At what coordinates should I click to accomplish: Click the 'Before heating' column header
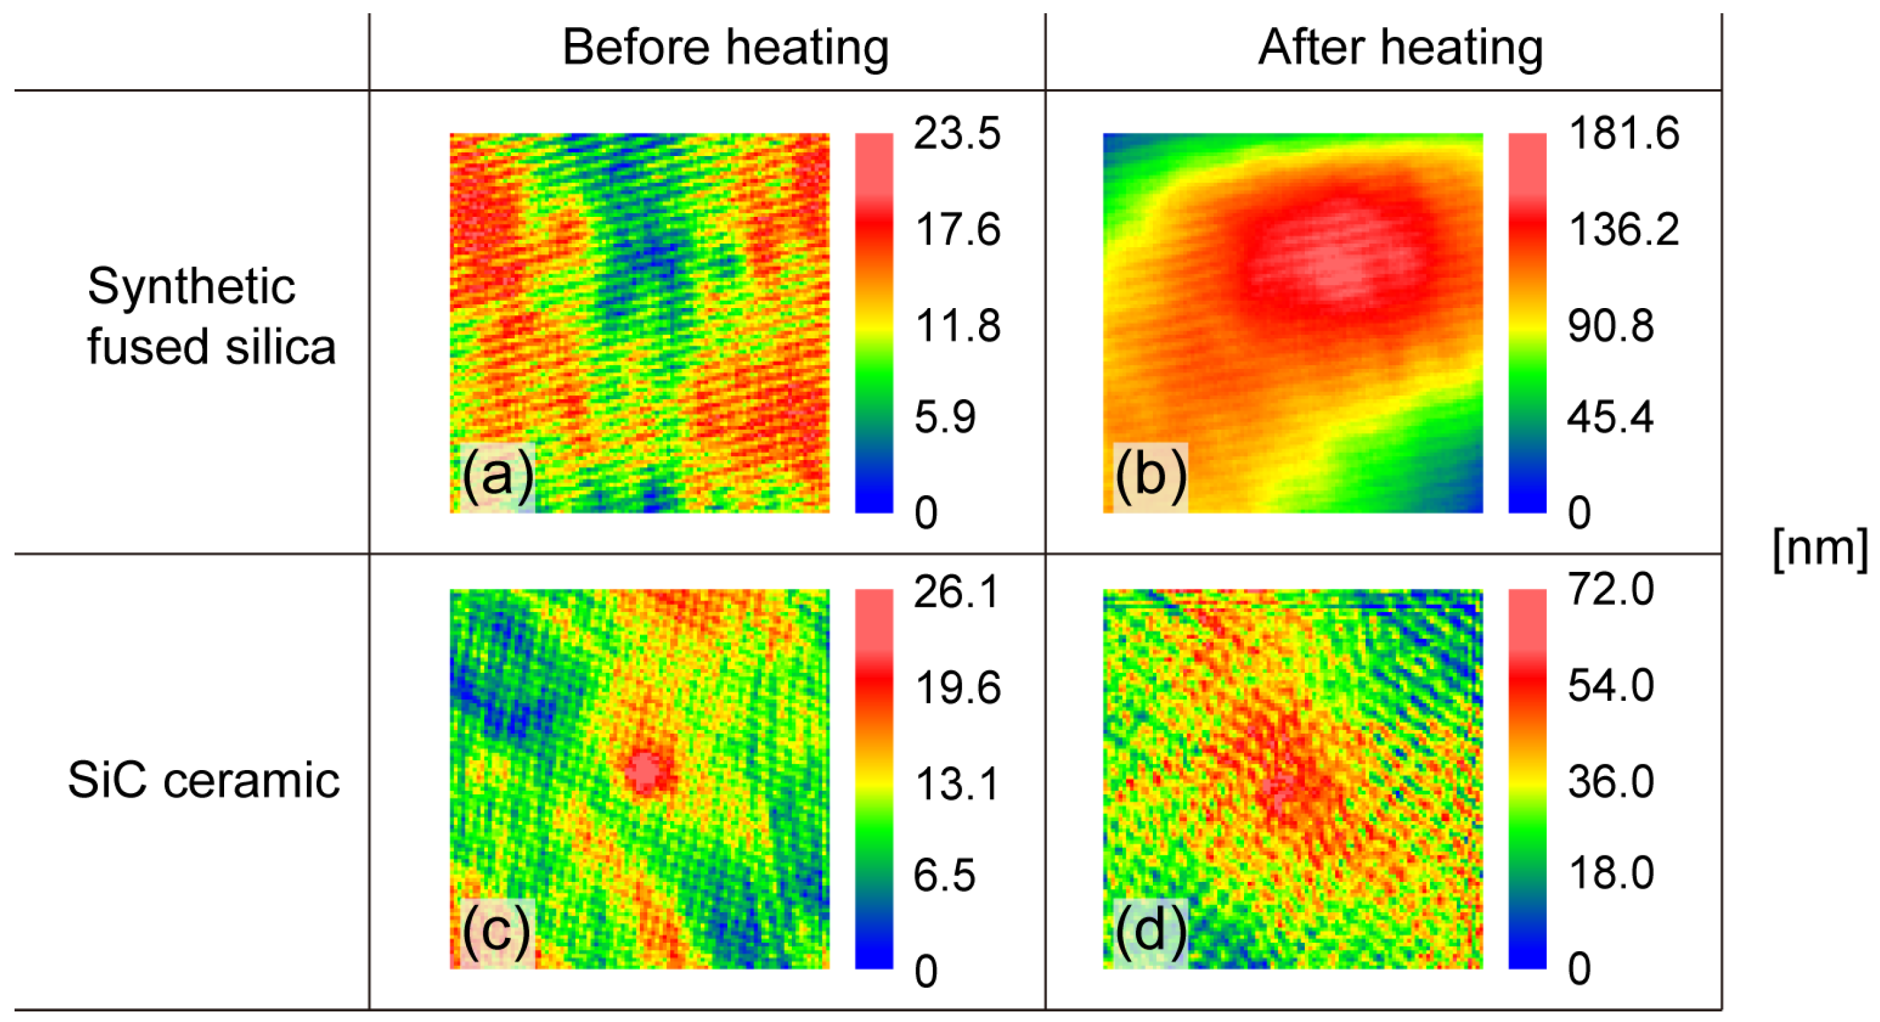[x=725, y=48]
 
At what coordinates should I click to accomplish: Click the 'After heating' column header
[x=1400, y=48]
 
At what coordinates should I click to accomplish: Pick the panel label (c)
[x=496, y=932]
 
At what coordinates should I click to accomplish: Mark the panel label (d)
[x=1150, y=932]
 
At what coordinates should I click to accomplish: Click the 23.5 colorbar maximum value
[x=956, y=134]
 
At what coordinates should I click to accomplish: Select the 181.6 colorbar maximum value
[x=1623, y=134]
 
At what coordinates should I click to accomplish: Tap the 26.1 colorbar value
[x=956, y=590]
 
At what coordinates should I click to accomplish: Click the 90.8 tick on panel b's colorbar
[x=1610, y=326]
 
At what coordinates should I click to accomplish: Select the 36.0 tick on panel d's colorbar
[x=1610, y=782]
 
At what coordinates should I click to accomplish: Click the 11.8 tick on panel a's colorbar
[x=956, y=326]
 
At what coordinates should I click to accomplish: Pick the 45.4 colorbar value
[x=1610, y=418]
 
